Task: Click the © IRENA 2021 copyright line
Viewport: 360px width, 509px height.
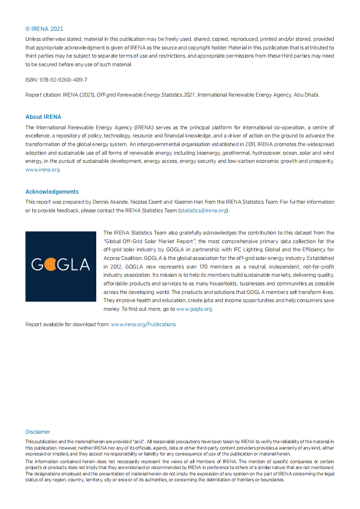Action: [44, 29]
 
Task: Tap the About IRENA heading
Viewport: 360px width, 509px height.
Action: [43, 117]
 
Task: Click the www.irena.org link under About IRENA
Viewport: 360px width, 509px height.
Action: [42, 170]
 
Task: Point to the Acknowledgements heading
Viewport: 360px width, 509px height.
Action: [52, 191]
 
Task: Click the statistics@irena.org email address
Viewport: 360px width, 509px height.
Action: [203, 210]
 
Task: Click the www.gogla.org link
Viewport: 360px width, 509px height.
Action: [194, 309]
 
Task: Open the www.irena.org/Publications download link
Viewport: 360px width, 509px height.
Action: [143, 324]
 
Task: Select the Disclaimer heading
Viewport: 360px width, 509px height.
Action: [38, 432]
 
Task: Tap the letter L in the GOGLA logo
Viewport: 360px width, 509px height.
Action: [73, 264]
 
